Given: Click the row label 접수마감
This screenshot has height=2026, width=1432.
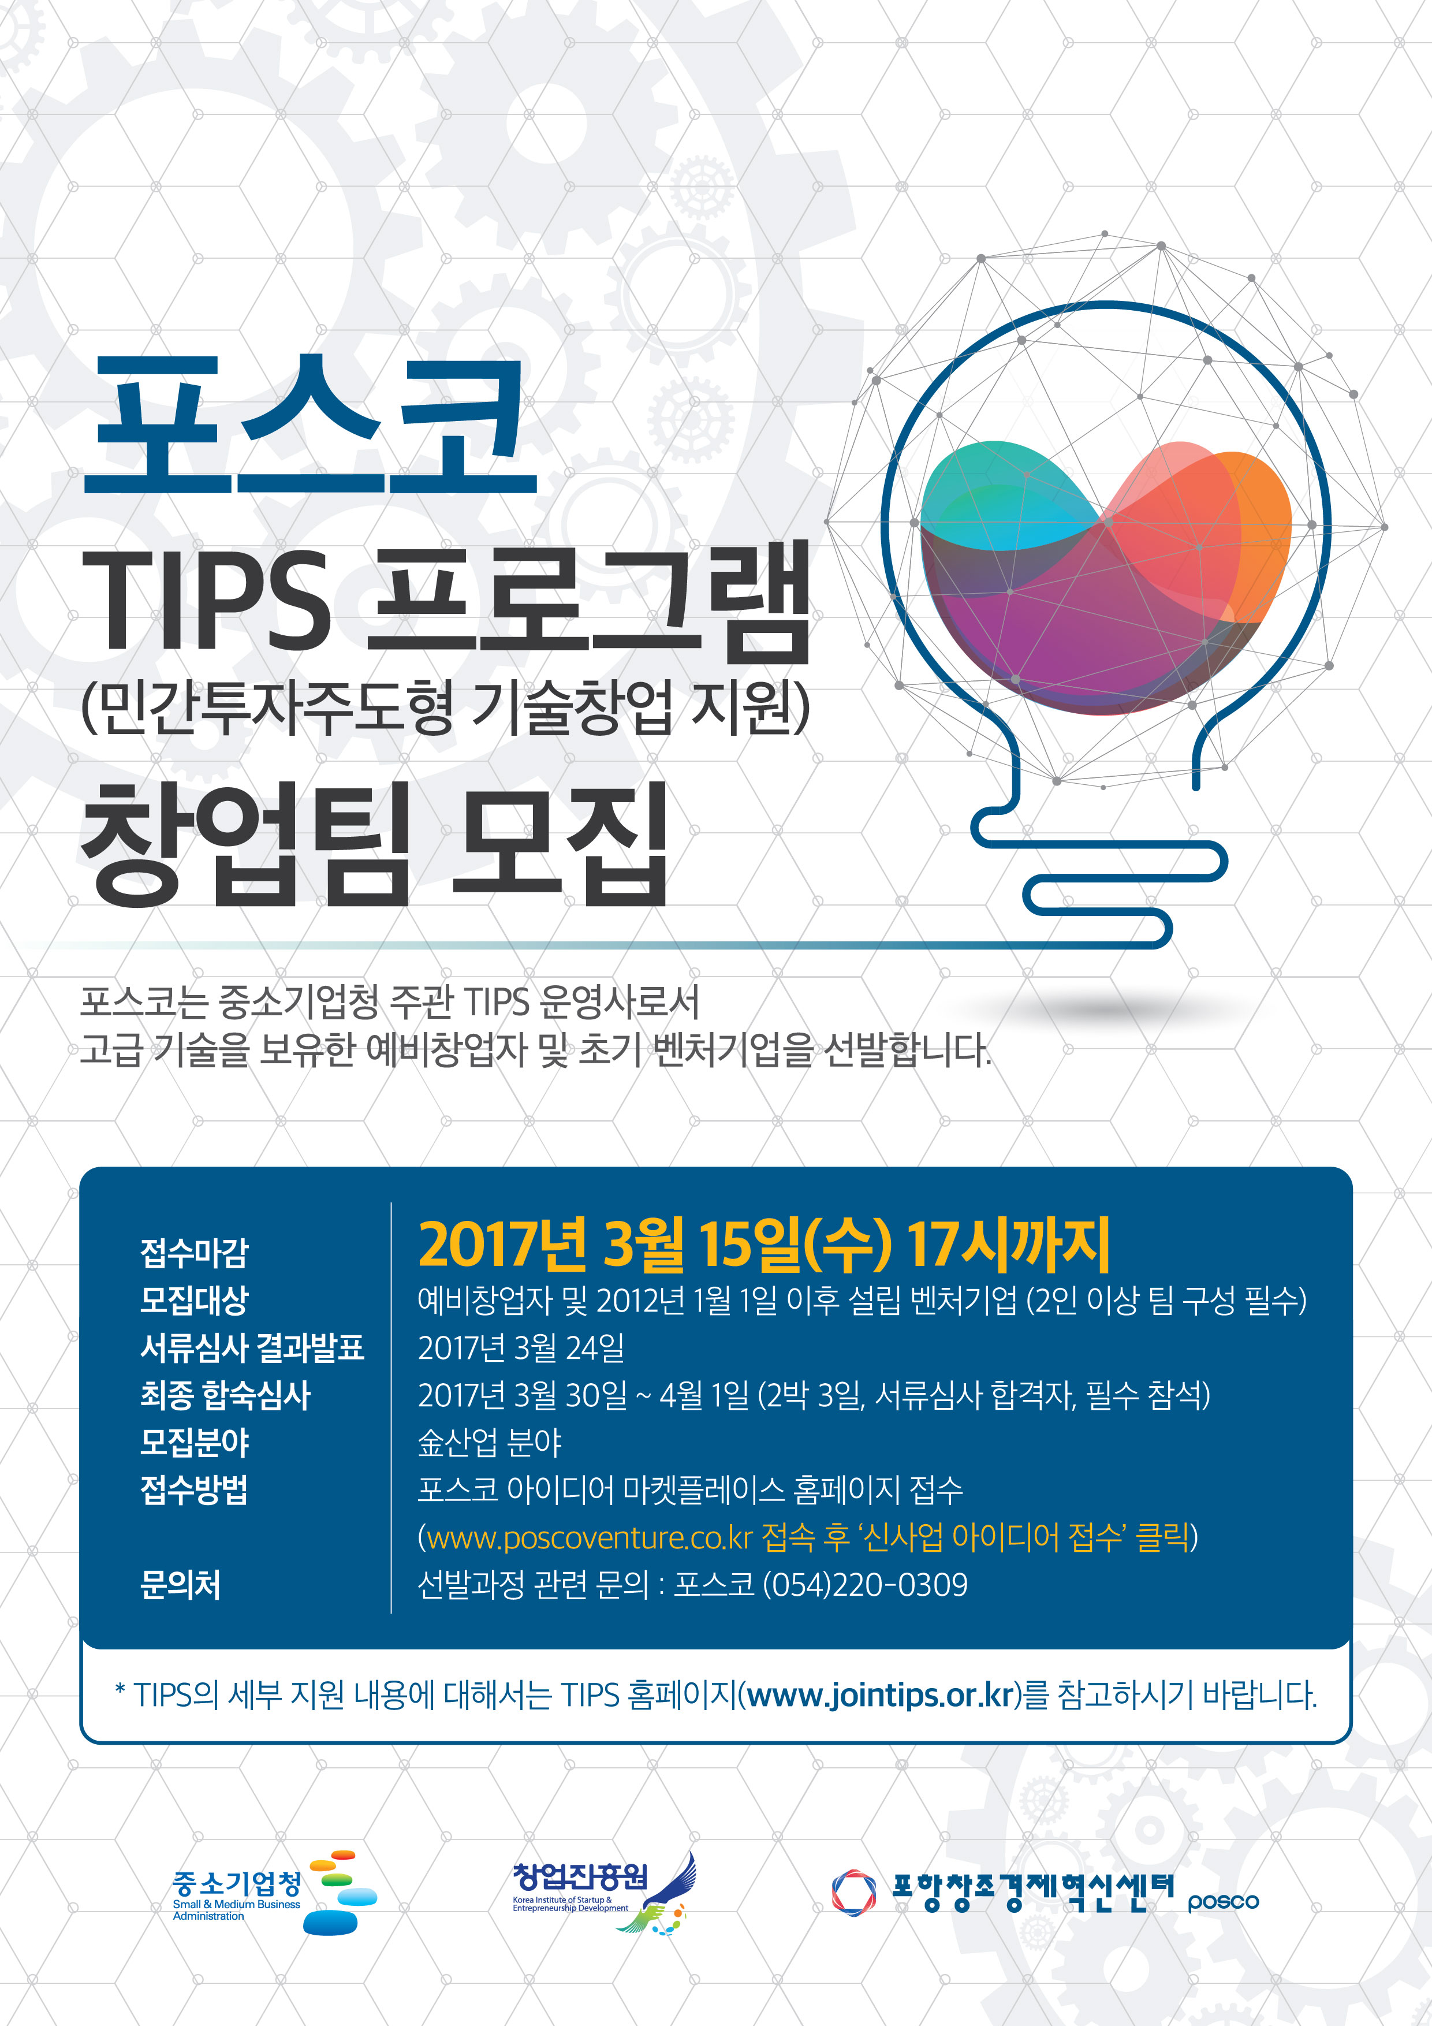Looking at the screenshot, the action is point(194,1252).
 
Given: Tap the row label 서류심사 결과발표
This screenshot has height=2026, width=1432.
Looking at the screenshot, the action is point(251,1347).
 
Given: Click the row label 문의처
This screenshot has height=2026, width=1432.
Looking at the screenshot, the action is point(180,1585).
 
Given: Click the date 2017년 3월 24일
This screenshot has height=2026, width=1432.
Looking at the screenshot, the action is point(521,1347).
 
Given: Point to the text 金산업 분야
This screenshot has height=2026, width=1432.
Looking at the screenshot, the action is point(490,1443).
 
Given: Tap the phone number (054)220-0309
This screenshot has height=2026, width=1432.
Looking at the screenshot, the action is point(864,1585).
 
